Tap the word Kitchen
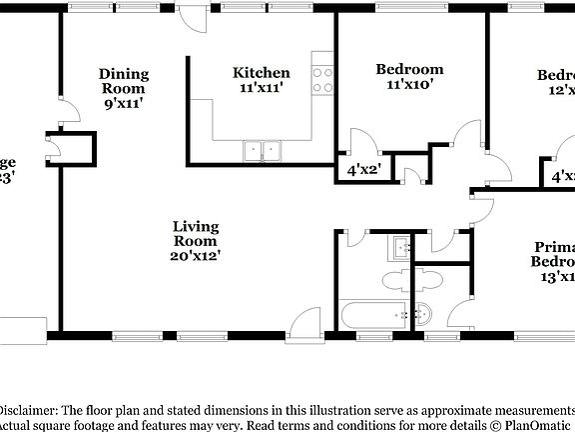coord(262,73)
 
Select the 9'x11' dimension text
coord(124,103)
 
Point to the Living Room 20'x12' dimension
coord(196,256)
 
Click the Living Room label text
coord(196,233)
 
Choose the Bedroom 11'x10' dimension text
coord(409,85)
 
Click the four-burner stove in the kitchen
coord(321,79)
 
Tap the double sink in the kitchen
coord(263,151)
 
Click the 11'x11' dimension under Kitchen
coord(262,88)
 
